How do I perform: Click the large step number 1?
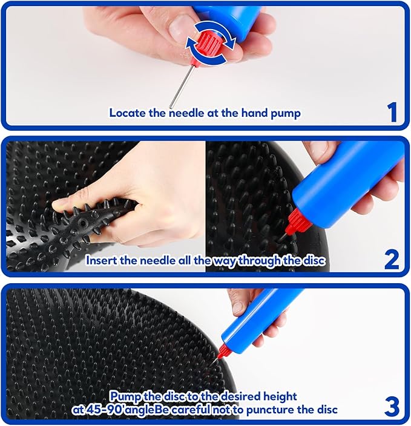click(392, 112)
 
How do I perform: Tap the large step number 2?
click(392, 260)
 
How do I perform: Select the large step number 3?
click(392, 407)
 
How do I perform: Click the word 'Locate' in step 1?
click(128, 113)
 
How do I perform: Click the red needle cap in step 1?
click(208, 47)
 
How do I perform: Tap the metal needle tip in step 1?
click(171, 106)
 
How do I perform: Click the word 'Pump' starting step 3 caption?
click(125, 397)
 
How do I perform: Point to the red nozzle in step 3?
click(222, 353)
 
